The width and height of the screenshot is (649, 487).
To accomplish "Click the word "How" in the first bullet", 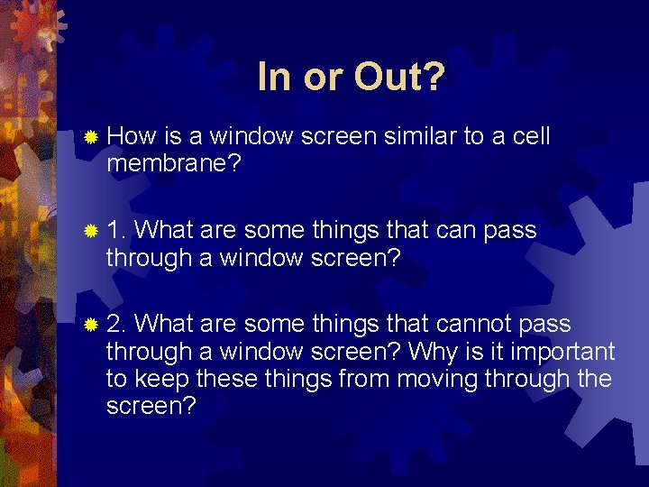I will [132, 137].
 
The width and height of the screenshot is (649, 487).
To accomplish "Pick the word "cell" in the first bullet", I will [531, 137].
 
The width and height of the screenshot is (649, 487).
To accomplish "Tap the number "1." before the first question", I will [116, 231].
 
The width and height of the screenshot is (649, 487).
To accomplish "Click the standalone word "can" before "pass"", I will [457, 232].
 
